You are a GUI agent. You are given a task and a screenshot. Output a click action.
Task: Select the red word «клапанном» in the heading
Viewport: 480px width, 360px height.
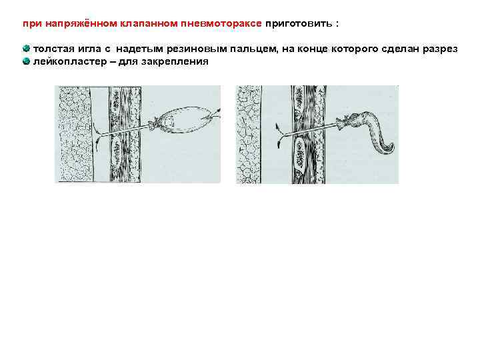pyautogui.click(x=149, y=23)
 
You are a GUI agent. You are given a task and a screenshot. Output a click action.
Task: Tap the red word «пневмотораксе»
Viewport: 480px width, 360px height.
pyautogui.click(x=221, y=23)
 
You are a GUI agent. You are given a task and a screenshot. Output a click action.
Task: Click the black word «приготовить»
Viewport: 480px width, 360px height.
pyautogui.click(x=299, y=24)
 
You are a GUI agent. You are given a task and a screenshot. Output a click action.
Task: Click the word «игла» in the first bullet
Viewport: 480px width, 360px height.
pyautogui.click(x=89, y=49)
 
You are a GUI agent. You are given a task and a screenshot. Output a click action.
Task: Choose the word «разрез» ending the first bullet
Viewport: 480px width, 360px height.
pyautogui.click(x=440, y=49)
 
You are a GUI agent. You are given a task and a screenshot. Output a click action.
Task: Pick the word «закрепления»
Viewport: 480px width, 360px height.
pyautogui.click(x=175, y=62)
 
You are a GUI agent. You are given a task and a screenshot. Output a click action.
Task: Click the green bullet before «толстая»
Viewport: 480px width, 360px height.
pyautogui.click(x=26, y=49)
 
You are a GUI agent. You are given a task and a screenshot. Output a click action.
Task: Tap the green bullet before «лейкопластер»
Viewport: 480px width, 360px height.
pyautogui.click(x=26, y=61)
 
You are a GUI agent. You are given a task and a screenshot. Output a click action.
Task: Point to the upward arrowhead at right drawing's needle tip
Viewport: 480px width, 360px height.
pyautogui.click(x=277, y=125)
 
